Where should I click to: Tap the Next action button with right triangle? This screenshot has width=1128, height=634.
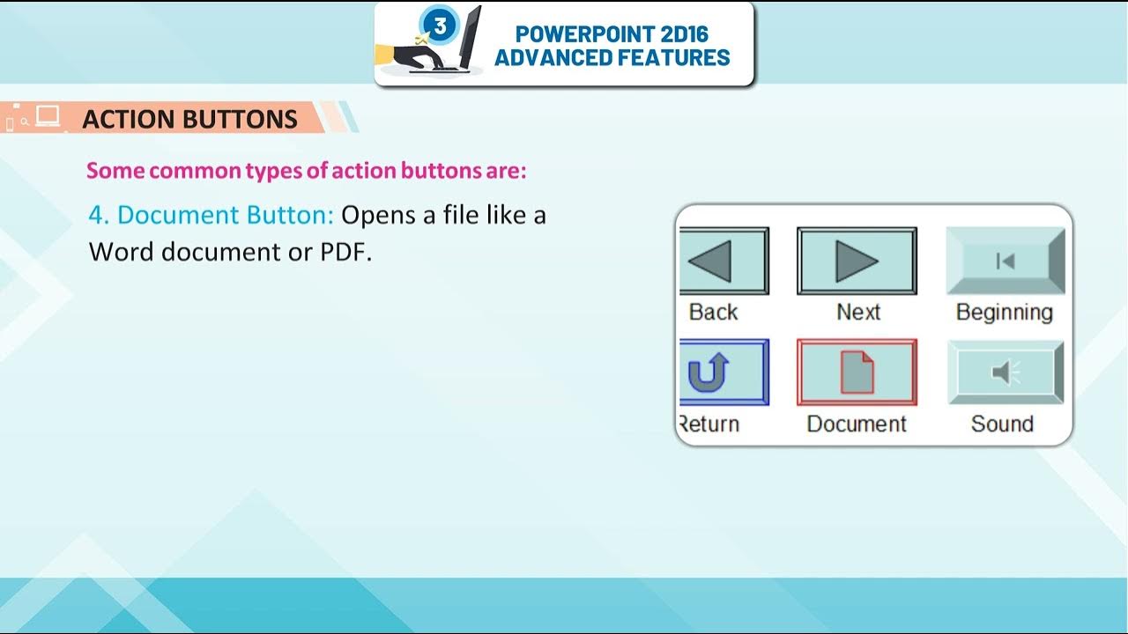point(857,261)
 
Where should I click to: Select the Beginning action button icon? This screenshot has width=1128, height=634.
point(1006,261)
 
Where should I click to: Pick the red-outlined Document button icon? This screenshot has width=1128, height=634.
point(857,372)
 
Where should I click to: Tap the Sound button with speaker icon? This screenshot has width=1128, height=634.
point(1006,372)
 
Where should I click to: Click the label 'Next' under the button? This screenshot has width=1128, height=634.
point(858,312)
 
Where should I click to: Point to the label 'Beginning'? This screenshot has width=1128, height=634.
point(1005,312)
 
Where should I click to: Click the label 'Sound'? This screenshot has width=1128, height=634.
point(1002,424)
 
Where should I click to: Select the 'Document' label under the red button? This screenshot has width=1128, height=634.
point(857,424)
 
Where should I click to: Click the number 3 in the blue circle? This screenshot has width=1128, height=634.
point(440,26)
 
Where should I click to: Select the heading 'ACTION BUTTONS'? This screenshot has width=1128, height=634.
point(189,119)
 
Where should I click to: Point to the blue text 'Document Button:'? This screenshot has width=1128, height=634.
point(226,215)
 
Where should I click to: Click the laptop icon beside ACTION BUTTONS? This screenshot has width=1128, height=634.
point(48,116)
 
